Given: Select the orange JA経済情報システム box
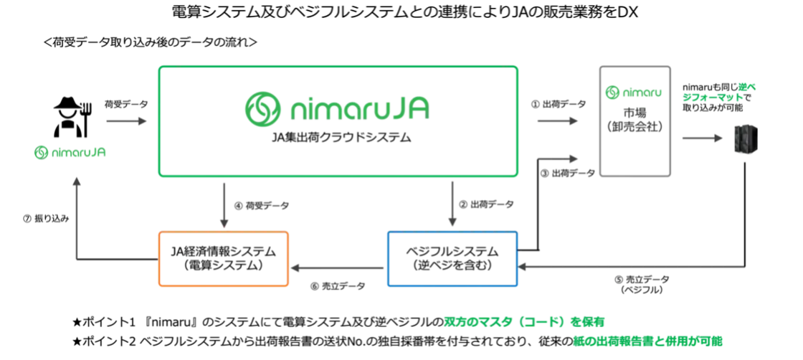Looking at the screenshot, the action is click(x=223, y=258).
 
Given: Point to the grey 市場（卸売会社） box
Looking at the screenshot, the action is click(x=635, y=121).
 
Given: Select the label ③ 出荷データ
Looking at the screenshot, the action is click(x=568, y=174).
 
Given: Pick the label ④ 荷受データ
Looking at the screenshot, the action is click(x=262, y=206).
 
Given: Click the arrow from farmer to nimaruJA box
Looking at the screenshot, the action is click(x=126, y=121).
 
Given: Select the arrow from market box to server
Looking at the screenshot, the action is click(x=702, y=138).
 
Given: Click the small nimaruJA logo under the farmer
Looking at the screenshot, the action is click(x=71, y=152).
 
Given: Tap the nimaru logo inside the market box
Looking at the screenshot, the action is click(x=635, y=93).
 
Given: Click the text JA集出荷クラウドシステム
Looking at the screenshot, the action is click(x=338, y=137).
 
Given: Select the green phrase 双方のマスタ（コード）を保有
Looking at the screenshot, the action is click(x=524, y=322).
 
